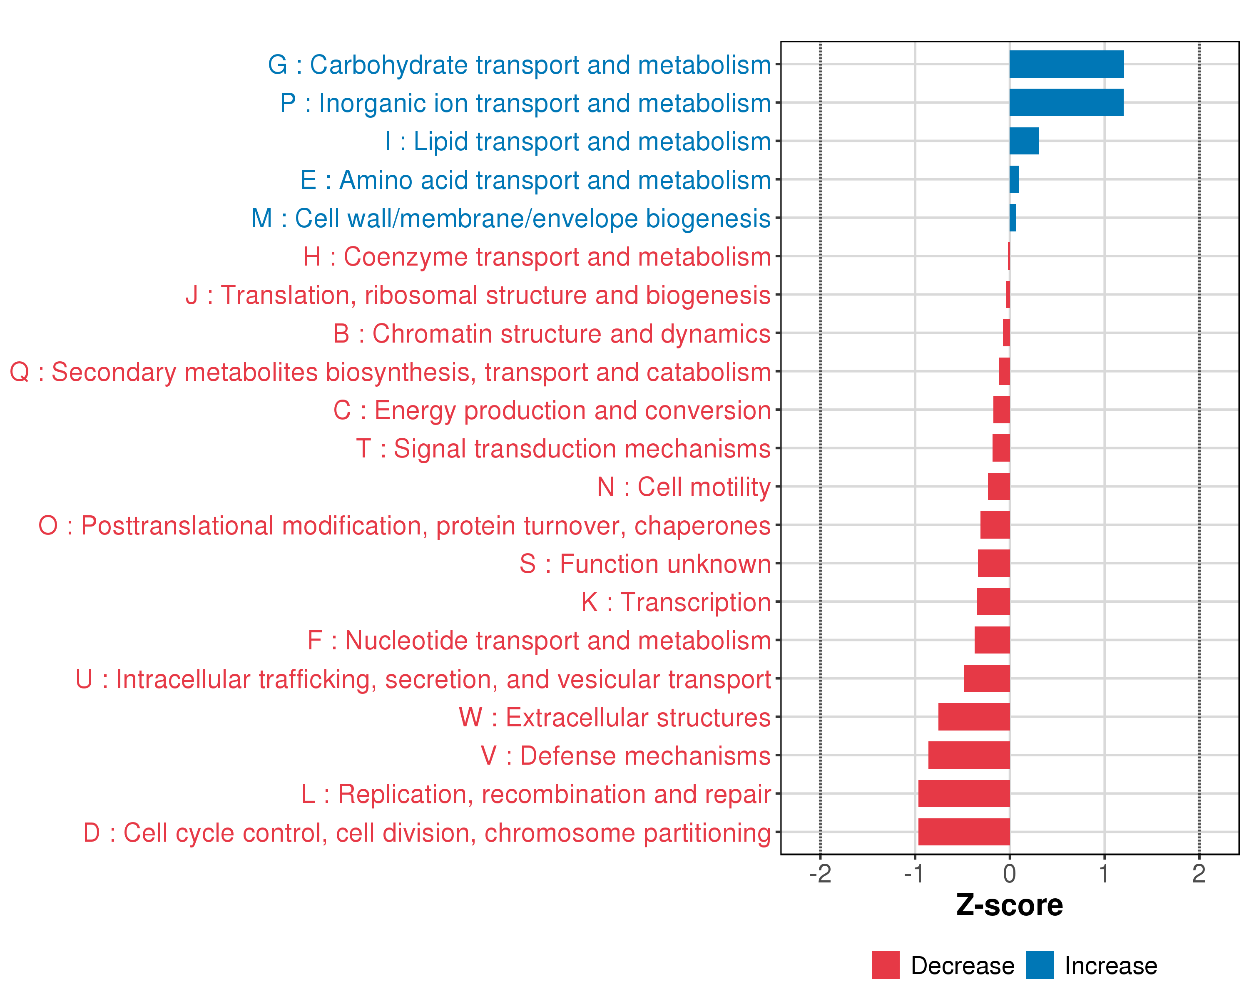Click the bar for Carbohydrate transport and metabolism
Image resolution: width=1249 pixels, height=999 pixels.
(x=1066, y=64)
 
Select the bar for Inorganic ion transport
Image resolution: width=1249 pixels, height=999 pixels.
(x=1066, y=102)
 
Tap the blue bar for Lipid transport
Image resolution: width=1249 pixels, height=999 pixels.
(x=1024, y=141)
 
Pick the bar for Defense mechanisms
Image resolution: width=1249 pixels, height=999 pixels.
(x=969, y=755)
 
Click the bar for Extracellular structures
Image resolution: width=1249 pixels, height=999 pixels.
(x=974, y=717)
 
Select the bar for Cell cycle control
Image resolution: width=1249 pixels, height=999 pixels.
(x=963, y=832)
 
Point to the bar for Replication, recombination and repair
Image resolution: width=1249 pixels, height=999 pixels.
(x=963, y=793)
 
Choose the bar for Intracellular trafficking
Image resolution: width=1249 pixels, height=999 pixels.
(x=987, y=678)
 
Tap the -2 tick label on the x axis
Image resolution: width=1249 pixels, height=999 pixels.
(x=820, y=874)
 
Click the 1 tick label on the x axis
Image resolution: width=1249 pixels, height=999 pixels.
(x=1104, y=874)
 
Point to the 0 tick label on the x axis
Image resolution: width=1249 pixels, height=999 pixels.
(x=1009, y=874)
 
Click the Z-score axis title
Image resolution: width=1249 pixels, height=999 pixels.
(x=1009, y=905)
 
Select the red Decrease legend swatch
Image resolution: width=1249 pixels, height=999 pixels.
(x=885, y=965)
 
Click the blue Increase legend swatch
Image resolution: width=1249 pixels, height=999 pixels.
(x=1039, y=965)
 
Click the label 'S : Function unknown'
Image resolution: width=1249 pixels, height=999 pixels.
(x=645, y=564)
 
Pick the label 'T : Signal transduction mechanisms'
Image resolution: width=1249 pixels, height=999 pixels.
(x=563, y=449)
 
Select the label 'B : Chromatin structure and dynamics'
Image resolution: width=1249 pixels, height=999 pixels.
(x=552, y=333)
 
